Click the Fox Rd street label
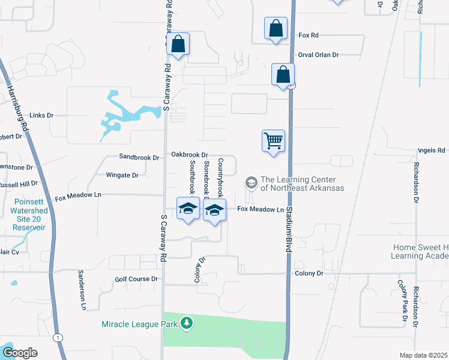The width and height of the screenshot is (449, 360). (309, 35)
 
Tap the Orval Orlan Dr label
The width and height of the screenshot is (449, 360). (318, 55)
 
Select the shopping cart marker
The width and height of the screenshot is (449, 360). (273, 141)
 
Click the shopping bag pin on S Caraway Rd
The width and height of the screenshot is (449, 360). (178, 44)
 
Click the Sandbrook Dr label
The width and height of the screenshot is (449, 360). (139, 158)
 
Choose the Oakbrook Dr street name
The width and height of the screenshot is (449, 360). (189, 155)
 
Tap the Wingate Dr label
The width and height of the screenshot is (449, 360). (122, 175)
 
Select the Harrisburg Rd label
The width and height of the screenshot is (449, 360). (18, 108)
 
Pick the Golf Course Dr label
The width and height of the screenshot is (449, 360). (136, 279)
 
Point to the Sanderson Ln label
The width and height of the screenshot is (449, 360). (82, 289)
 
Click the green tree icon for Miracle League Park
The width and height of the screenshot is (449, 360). (187, 324)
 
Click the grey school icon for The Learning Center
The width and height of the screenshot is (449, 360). (251, 182)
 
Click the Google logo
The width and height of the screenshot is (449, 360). (20, 352)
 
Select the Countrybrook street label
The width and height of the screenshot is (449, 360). (220, 178)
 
